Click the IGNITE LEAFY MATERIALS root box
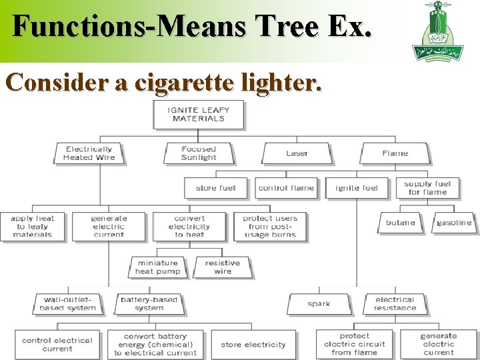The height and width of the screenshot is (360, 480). (198, 114)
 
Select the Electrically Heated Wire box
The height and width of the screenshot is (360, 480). (89, 153)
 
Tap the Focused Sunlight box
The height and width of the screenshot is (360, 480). (199, 153)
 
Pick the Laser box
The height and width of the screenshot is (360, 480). (297, 153)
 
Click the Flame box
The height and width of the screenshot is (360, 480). (395, 153)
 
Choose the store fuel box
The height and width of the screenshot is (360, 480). (215, 188)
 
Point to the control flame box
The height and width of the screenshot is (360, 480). (286, 188)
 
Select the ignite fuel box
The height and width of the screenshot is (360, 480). (357, 188)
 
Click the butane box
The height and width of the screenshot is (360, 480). (400, 223)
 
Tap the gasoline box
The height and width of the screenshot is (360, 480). (454, 223)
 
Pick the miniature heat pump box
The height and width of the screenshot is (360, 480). (157, 267)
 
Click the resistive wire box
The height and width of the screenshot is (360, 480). (222, 267)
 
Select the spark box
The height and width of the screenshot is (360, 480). (319, 304)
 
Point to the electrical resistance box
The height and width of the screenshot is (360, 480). (395, 304)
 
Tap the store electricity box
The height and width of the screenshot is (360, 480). (253, 345)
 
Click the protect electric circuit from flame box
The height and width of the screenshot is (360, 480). (354, 344)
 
